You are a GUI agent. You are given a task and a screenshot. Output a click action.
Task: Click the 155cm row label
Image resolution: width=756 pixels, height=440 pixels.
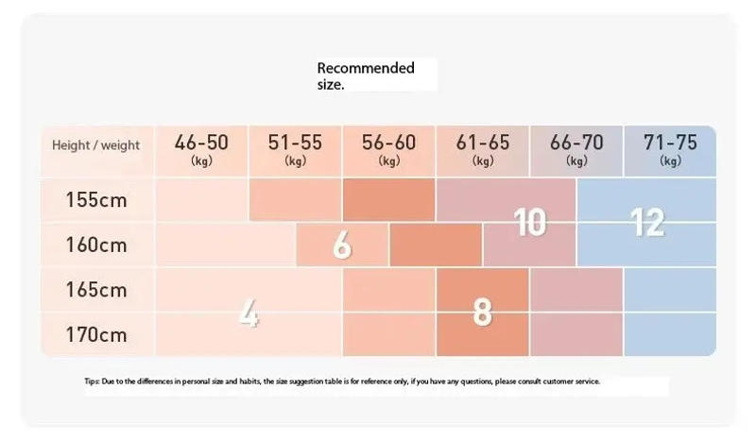pos(95,200)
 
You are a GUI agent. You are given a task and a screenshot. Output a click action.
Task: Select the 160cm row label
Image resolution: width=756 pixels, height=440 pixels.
pos(95,245)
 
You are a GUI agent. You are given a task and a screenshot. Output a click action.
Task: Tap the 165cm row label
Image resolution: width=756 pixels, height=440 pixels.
pos(95,290)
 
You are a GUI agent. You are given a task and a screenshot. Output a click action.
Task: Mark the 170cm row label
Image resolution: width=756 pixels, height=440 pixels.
pos(95,334)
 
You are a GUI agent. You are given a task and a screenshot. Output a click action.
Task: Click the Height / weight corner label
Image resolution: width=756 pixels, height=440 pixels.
pos(95,145)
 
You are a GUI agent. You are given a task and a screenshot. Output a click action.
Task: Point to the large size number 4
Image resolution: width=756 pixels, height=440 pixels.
pos(248,313)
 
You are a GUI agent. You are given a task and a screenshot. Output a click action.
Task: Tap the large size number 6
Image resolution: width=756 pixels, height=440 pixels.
pos(342,245)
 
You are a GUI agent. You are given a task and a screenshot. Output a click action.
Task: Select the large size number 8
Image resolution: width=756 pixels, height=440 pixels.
pos(482,312)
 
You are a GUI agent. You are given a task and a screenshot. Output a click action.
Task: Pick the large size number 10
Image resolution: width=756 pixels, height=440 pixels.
pos(530,223)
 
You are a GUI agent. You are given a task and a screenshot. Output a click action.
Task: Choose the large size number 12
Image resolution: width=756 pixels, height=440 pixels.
pos(647,223)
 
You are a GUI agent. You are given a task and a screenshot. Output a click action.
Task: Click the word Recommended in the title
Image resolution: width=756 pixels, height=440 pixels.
pos(365,68)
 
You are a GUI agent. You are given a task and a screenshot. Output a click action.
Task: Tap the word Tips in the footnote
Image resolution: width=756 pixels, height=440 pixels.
pos(91,381)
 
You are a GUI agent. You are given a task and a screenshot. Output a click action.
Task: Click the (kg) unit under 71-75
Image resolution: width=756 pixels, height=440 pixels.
pos(670,161)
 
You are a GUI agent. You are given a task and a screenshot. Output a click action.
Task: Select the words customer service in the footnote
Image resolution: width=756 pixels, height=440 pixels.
pos(574,381)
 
